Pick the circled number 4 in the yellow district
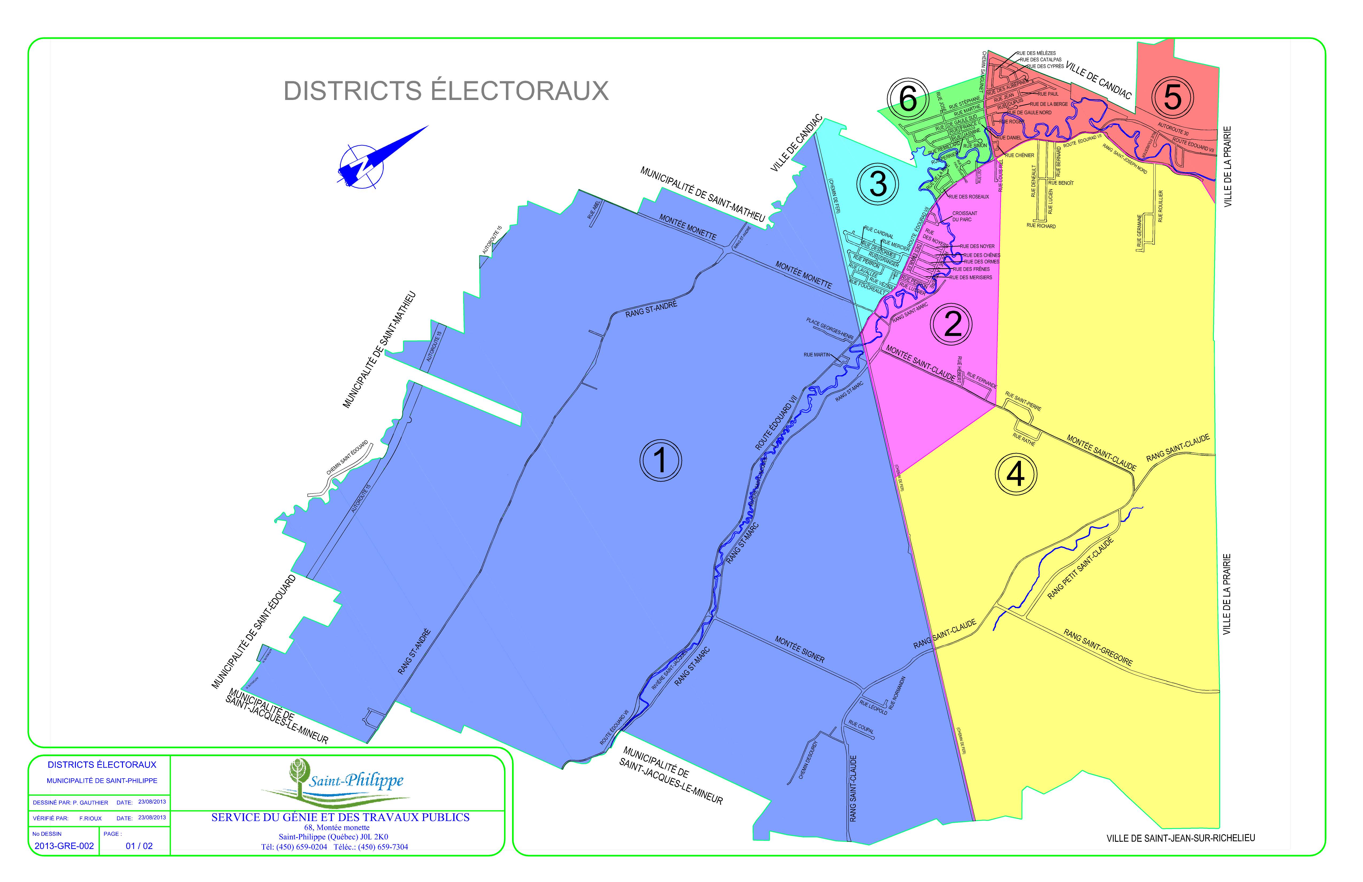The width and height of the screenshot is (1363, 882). coord(1016,474)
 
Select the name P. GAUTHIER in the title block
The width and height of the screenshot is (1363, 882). coord(91,802)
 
